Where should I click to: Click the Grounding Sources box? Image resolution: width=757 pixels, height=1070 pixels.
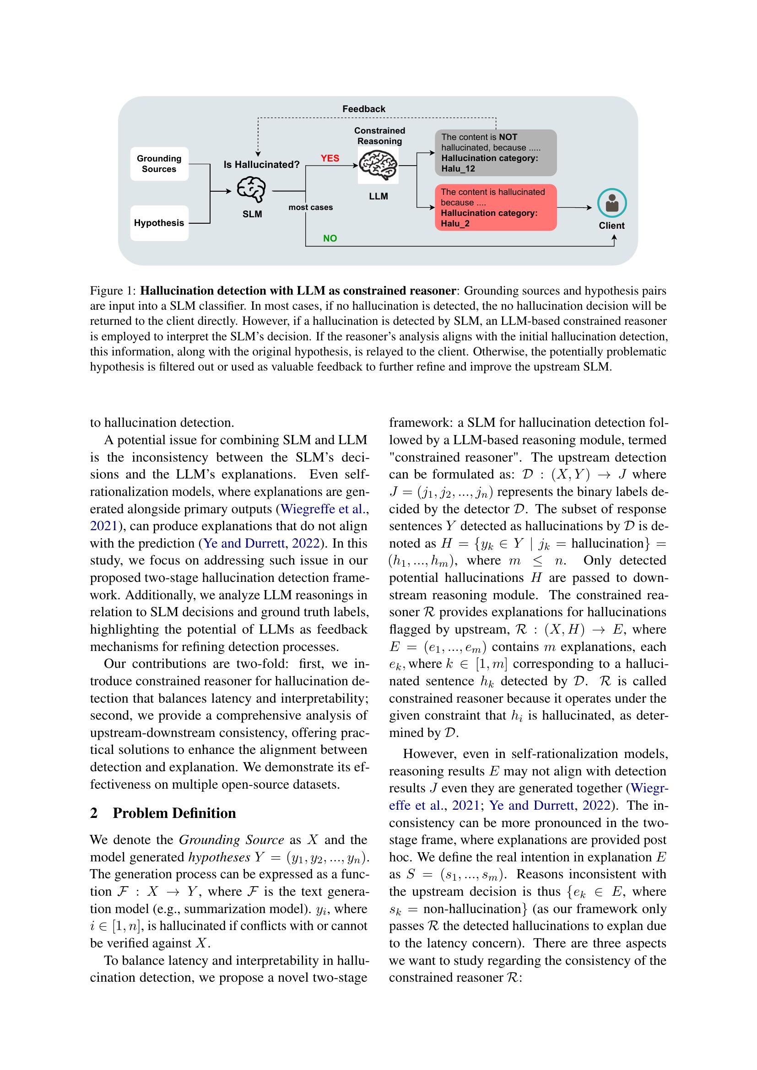(x=159, y=164)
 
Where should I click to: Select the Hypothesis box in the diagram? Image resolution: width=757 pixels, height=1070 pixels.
(x=159, y=223)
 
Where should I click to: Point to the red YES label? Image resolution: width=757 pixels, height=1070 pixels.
(x=330, y=158)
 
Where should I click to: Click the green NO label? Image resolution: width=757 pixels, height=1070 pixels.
(x=330, y=238)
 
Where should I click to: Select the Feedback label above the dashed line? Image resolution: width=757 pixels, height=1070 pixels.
(x=363, y=108)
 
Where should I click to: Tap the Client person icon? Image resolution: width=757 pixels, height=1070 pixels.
(x=611, y=203)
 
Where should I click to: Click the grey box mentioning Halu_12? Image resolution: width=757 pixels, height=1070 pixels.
(x=496, y=153)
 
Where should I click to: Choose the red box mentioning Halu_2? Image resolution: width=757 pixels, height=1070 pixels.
(x=496, y=208)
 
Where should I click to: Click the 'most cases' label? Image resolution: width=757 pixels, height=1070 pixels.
(x=310, y=207)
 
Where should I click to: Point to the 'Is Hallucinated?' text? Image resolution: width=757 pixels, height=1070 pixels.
(x=261, y=165)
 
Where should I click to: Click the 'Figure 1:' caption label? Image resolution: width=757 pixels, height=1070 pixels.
(x=113, y=291)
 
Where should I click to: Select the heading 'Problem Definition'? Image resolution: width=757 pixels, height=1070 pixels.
(x=174, y=813)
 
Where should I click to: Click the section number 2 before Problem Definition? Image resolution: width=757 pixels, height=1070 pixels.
(x=94, y=813)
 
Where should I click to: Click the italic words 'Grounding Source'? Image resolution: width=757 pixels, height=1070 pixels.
(x=231, y=840)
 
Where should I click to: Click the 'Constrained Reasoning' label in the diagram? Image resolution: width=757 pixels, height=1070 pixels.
(x=379, y=135)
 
